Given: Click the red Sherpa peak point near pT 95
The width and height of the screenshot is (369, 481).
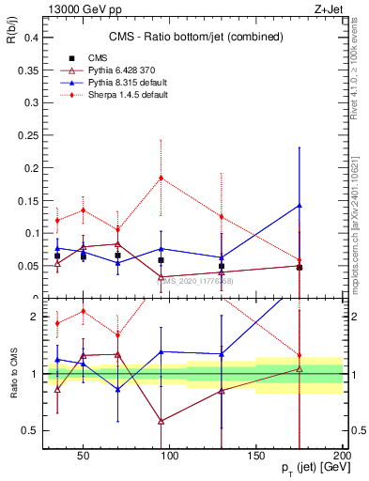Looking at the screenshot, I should click(161, 178).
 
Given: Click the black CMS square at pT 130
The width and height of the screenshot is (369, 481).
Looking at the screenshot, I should click(222, 266).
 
